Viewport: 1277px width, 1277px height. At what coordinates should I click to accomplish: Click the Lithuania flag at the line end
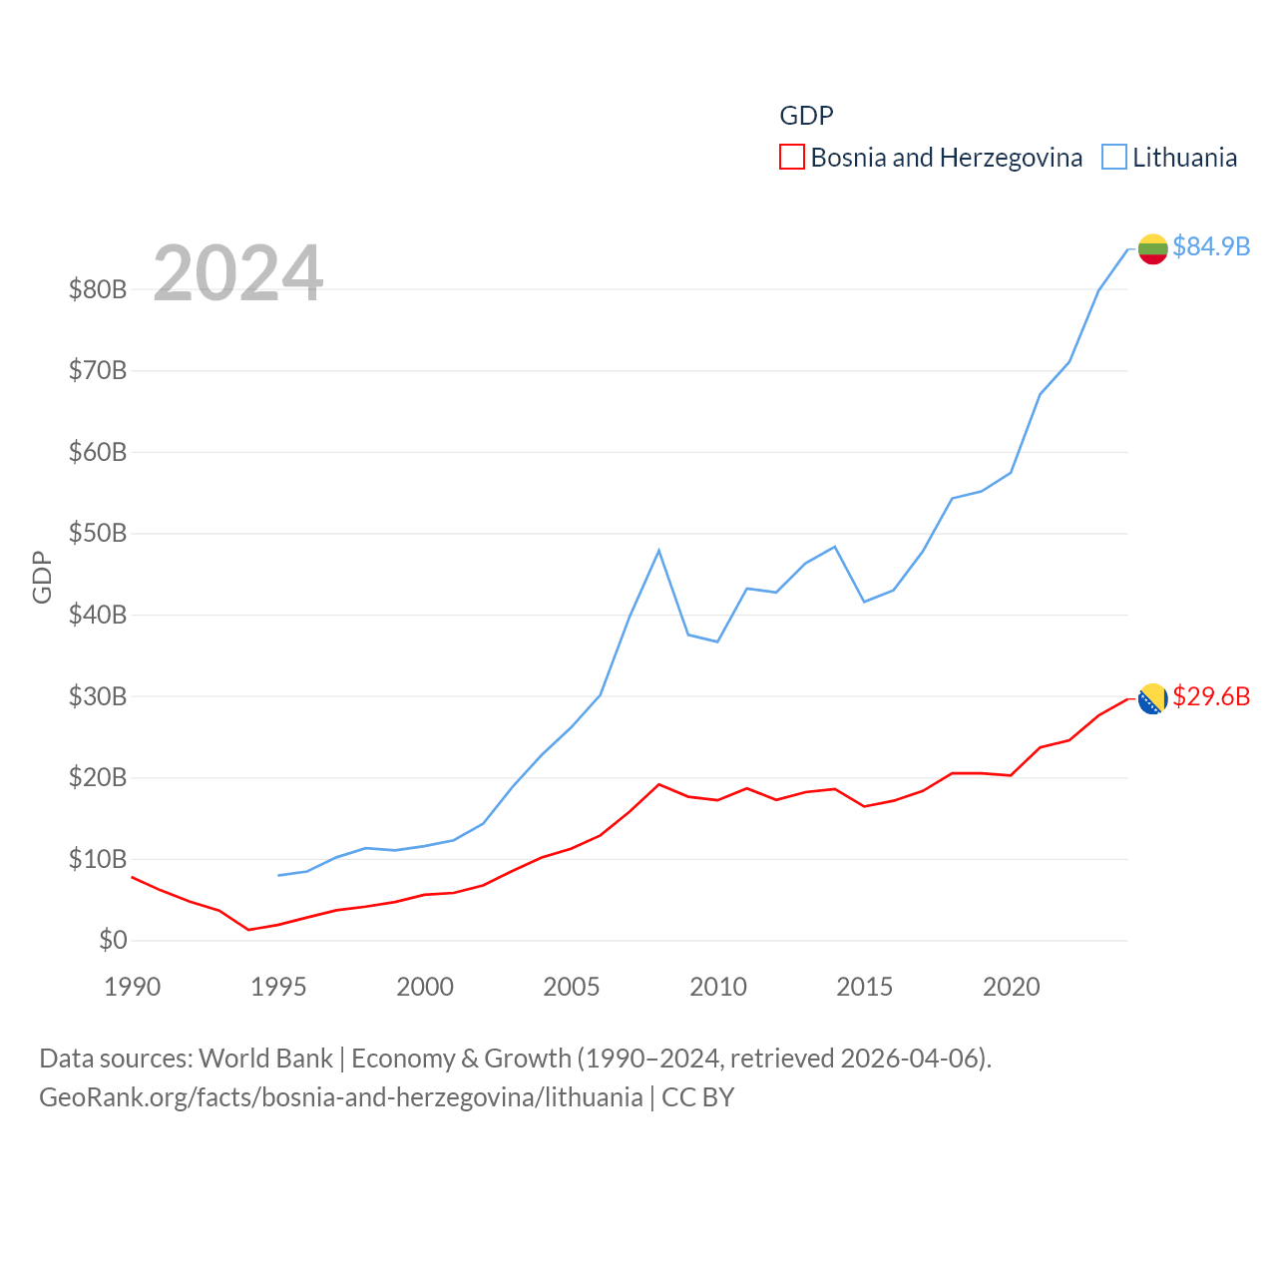1152,248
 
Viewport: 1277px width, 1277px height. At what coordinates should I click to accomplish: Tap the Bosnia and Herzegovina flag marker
1152,699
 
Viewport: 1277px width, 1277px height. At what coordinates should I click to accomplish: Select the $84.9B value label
1211,246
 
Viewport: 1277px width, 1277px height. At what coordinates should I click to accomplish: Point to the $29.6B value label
1211,696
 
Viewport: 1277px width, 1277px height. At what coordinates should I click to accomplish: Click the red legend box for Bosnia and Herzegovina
792,158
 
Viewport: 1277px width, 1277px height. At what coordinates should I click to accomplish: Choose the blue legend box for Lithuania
1114,158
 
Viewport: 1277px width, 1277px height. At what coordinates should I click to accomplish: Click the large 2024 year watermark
237,273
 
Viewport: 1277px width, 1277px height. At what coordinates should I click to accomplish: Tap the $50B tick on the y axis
98,534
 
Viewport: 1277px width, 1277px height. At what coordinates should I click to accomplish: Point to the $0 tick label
113,940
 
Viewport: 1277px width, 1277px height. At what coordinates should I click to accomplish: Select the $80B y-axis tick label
98,289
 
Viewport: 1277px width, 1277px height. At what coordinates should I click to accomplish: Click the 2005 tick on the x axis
572,987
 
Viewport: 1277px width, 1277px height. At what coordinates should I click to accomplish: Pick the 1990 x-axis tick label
133,987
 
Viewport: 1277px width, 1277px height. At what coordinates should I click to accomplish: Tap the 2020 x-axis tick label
1012,987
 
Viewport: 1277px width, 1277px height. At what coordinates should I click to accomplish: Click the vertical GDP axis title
42,577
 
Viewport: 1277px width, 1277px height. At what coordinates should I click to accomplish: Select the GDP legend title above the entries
806,116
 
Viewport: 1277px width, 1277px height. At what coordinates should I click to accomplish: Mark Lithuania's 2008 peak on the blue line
658,551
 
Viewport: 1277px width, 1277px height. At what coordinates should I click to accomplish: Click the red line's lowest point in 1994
249,930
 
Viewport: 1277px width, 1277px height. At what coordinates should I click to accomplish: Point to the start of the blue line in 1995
278,875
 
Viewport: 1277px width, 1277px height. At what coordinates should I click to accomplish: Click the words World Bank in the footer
265,1059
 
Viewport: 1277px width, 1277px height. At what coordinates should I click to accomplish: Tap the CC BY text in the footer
698,1097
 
